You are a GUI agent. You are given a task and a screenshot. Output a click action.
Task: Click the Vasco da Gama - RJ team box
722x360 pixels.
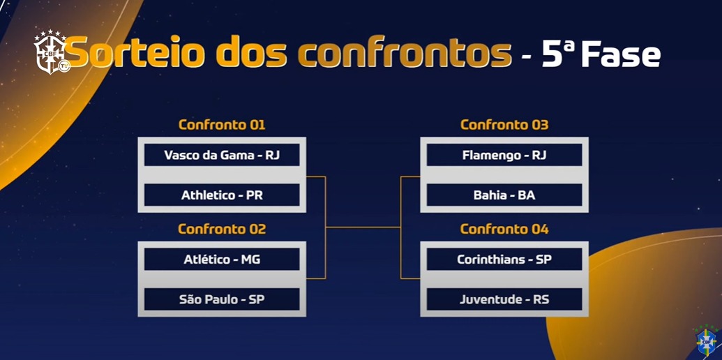222,155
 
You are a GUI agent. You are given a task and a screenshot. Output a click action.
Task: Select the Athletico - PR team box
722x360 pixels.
222,195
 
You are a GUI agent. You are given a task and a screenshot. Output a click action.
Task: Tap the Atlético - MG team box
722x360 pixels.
222,260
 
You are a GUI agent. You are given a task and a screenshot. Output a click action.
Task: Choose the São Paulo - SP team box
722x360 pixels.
222,300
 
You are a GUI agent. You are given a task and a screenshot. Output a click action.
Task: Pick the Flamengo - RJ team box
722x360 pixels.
504,155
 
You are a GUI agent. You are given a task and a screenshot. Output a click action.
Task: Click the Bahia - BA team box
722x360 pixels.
504,195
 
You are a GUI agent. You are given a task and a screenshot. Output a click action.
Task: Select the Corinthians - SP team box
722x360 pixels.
504,260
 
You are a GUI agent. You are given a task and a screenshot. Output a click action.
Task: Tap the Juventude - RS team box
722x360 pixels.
504,300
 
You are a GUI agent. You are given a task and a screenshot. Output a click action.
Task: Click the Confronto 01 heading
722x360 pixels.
222,125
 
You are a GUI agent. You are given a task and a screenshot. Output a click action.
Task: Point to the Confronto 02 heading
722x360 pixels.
222,229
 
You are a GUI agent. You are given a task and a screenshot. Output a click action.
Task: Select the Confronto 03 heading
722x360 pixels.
504,125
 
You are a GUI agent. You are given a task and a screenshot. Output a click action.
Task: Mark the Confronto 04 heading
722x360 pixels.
504,229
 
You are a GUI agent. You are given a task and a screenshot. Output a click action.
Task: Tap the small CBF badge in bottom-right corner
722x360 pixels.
706,340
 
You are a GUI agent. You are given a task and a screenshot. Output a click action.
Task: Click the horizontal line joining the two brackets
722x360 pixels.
363,227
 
